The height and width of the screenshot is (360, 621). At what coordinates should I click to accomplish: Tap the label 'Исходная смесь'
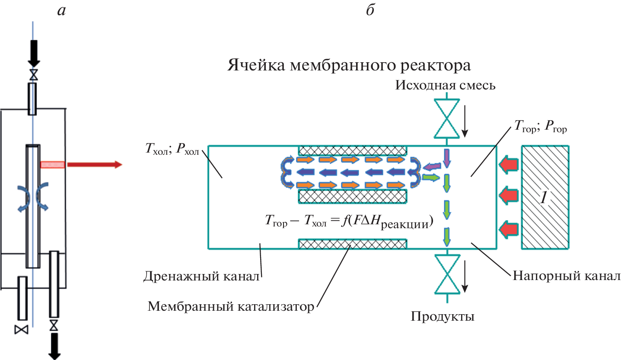(x=445, y=85)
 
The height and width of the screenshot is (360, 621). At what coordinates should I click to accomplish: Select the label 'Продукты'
(x=443, y=317)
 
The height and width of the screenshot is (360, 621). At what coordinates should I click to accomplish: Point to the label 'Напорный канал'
(x=567, y=276)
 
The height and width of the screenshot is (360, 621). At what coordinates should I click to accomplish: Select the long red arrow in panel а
(x=94, y=165)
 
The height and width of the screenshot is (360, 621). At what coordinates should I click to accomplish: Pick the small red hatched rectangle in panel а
(x=53, y=165)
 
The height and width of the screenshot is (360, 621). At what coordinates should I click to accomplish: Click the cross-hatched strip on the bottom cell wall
(x=352, y=245)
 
